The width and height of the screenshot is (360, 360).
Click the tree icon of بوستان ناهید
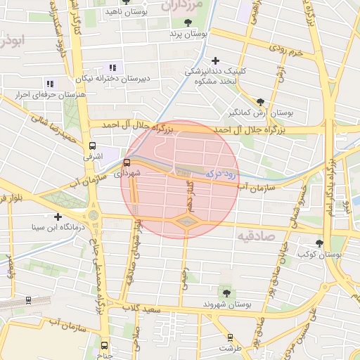pyautogui.click(x=125, y=1)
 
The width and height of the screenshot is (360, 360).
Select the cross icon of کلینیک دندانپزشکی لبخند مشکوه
pyautogui.click(x=215, y=61)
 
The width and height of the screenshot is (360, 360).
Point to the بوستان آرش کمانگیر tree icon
pyautogui.click(x=261, y=101)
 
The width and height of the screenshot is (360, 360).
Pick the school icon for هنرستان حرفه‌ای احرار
pyautogui.click(x=49, y=83)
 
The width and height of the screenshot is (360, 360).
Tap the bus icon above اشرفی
pyautogui.click(x=91, y=146)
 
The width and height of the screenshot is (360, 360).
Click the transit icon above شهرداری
pyautogui.click(x=127, y=162)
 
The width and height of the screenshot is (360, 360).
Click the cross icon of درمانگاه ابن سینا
pyautogui.click(x=58, y=217)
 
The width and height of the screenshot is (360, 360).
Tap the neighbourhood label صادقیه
pyautogui.click(x=256, y=236)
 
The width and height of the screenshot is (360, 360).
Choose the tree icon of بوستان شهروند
pyautogui.click(x=226, y=292)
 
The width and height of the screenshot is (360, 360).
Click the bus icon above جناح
pyautogui.click(x=104, y=345)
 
